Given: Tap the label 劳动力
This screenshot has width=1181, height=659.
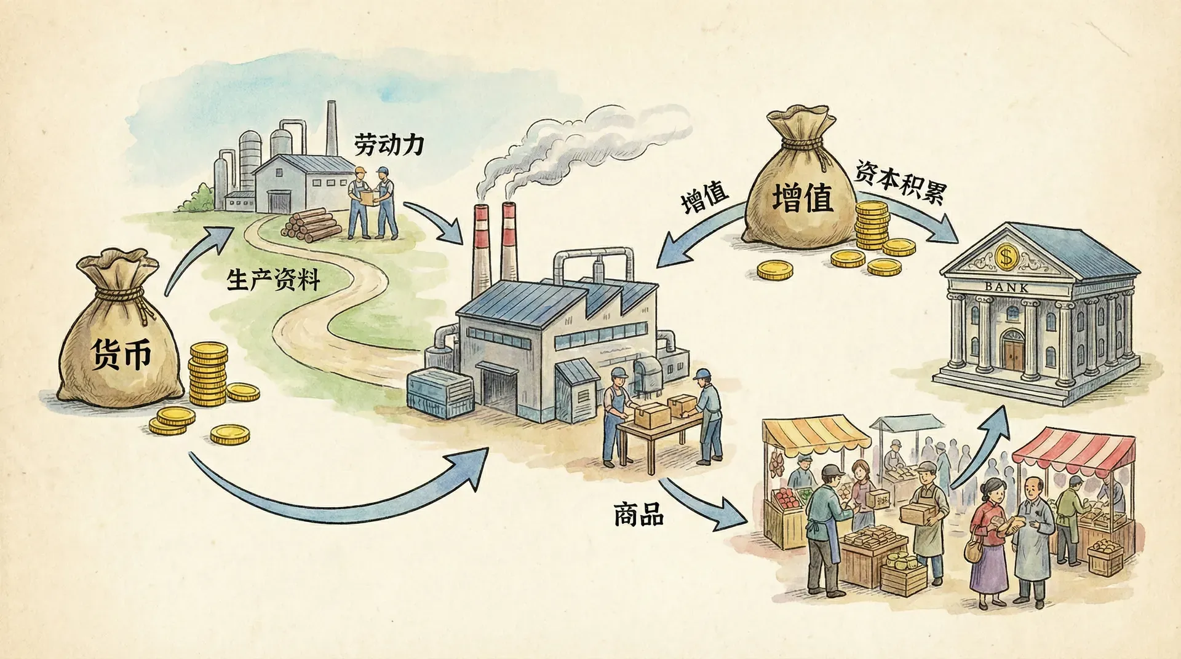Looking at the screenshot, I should [388, 145].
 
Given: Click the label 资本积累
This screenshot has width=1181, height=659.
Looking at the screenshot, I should [899, 184].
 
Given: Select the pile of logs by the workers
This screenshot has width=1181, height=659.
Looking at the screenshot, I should [311, 224].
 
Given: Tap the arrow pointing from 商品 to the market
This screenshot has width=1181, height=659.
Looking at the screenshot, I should [707, 504].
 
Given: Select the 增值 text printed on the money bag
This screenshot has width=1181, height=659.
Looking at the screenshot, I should [802, 198].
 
